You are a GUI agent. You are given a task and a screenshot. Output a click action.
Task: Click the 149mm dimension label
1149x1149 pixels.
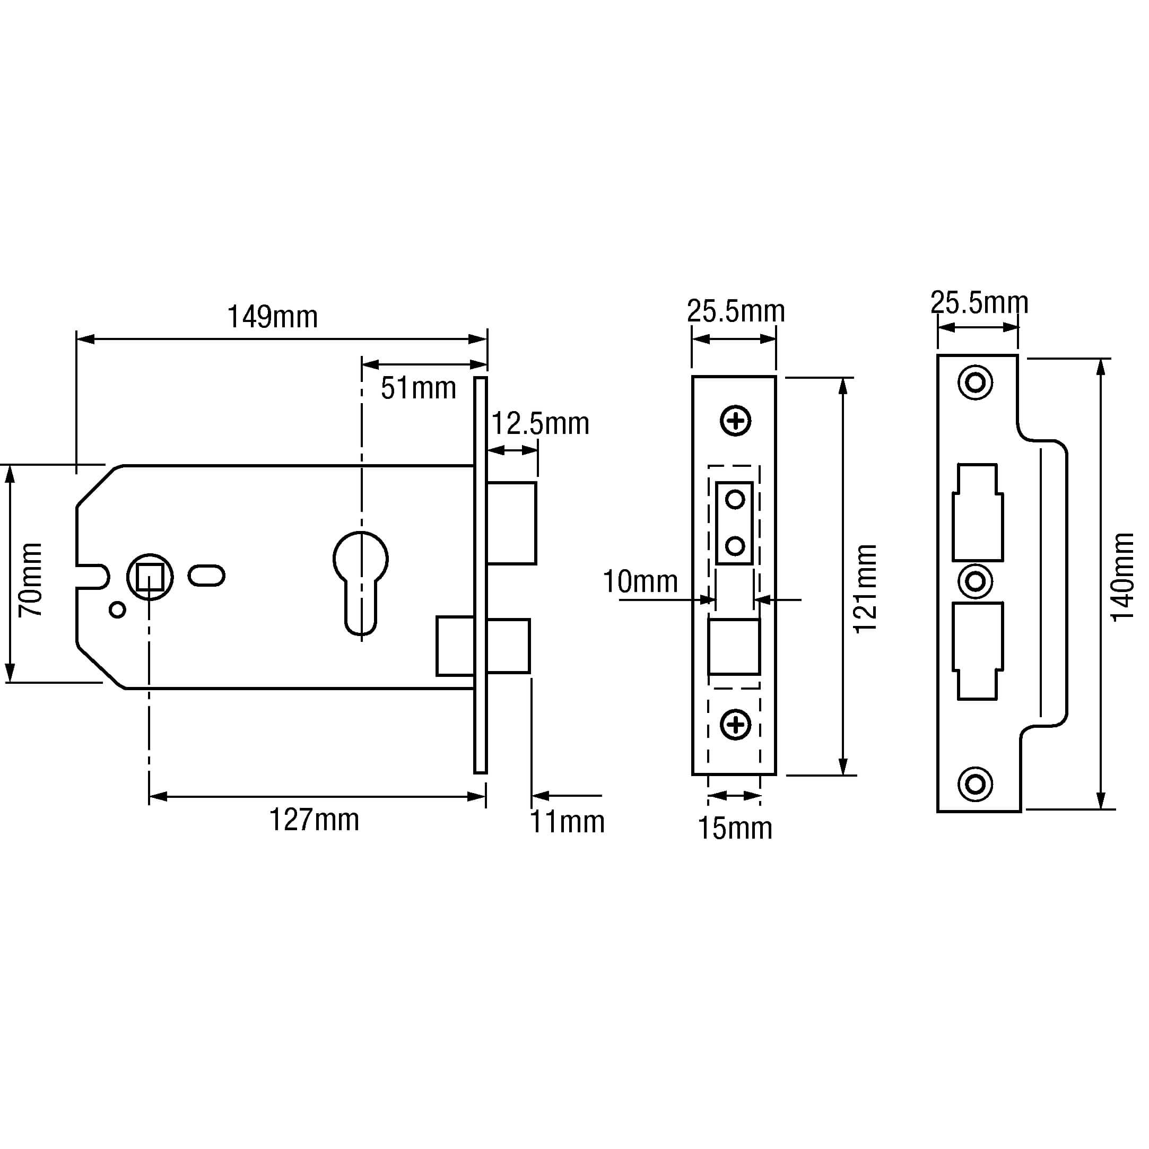pos(272,317)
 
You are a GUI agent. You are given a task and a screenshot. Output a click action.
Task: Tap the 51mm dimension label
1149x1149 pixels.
pos(418,388)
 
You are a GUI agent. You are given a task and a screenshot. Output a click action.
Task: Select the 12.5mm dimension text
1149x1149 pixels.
pos(539,424)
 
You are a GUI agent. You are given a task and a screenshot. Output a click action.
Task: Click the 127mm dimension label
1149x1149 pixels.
pos(314,820)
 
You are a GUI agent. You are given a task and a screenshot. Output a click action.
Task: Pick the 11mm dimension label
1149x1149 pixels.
pos(567,822)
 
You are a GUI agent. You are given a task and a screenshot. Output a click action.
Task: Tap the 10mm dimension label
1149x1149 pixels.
pos(640,581)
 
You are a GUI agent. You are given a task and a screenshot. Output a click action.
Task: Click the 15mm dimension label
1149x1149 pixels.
pos(735,829)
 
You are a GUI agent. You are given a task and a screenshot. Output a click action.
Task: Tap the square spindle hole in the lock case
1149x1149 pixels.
pos(150,577)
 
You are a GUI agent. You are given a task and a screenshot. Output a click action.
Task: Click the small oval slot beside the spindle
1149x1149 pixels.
pos(206,576)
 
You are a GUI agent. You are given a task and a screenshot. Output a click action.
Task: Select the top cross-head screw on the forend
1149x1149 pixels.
pos(736,421)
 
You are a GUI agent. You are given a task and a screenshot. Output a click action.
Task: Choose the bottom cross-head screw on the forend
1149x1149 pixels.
pos(736,725)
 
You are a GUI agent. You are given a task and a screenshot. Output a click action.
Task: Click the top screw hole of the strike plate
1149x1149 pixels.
pos(976,382)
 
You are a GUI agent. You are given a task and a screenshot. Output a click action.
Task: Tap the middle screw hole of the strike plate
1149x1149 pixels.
pos(976,581)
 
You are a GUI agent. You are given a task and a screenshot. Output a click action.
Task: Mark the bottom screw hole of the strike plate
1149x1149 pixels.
pos(976,784)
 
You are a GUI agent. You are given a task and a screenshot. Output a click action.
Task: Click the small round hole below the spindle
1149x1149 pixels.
pos(118,610)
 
